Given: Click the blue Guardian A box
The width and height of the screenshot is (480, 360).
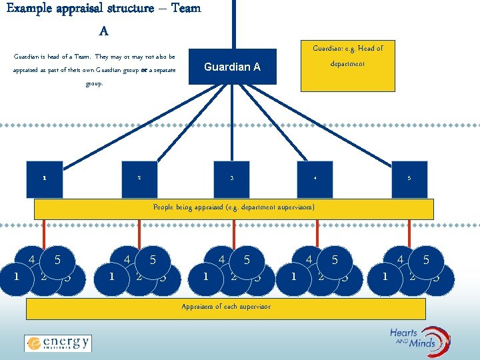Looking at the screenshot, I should (232, 67).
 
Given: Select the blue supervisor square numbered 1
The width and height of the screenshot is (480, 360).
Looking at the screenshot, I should (45, 179).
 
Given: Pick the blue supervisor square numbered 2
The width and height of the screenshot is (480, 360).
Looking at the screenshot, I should (139, 179).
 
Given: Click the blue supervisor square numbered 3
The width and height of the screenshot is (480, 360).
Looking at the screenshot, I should (232, 179).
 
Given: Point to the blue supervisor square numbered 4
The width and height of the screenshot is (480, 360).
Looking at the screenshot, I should (315, 179).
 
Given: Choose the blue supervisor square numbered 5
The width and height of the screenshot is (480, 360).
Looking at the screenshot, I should (409, 179).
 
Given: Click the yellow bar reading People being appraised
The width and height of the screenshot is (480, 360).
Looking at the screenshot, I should (233, 208).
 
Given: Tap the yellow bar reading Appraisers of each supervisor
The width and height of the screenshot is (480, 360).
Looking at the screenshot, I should (226, 307).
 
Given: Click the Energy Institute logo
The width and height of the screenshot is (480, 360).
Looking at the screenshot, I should (58, 343).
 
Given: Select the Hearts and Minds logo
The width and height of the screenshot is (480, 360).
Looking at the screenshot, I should (421, 340).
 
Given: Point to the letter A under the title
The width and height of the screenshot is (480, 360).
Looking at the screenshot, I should (103, 31).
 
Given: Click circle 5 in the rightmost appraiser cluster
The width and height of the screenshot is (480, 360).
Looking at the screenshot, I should (426, 261).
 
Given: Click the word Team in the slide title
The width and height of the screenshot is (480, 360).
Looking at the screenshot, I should (185, 9).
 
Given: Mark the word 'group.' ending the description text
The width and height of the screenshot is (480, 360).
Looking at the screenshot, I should (94, 84).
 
